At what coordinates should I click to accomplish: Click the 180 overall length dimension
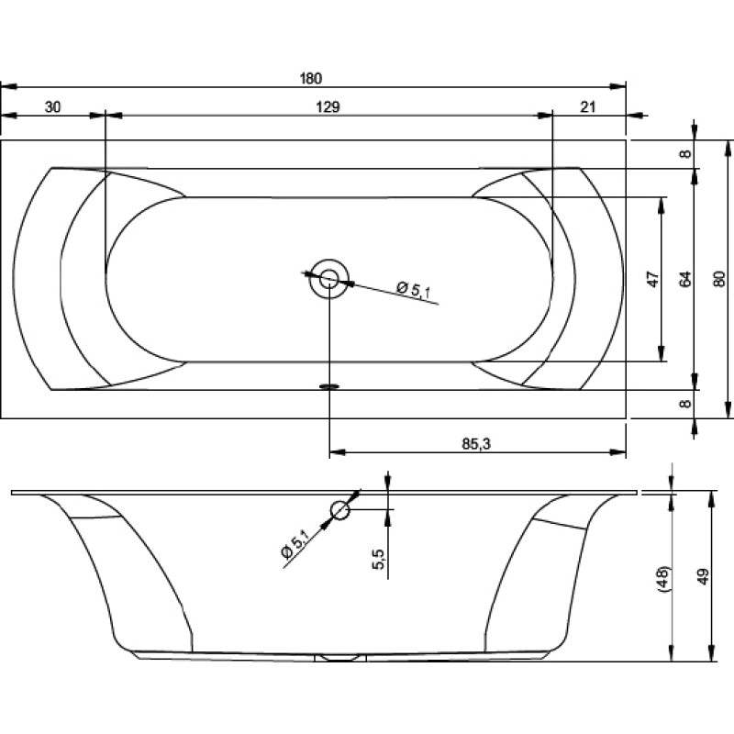click(311, 78)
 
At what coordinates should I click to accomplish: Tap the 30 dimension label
click(52, 107)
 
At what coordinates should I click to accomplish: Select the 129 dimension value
click(328, 107)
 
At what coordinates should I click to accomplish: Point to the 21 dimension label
click(588, 107)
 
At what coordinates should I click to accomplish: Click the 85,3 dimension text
click(476, 444)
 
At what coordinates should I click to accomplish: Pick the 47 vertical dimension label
click(654, 279)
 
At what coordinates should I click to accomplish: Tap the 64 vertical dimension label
click(684, 279)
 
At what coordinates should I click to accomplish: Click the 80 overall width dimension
click(720, 279)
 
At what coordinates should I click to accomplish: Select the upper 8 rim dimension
click(684, 153)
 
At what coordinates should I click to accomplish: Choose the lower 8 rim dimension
click(684, 404)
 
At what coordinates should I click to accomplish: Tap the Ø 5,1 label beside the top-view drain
click(414, 289)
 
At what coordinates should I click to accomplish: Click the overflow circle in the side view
click(339, 510)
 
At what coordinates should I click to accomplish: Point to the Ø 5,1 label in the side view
click(295, 543)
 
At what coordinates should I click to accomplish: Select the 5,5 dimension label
click(379, 559)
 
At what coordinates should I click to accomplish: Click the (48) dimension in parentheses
click(664, 580)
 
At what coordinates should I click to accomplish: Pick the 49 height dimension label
click(704, 577)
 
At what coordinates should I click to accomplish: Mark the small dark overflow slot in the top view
click(329, 386)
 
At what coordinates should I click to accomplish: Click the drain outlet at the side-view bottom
click(340, 658)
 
